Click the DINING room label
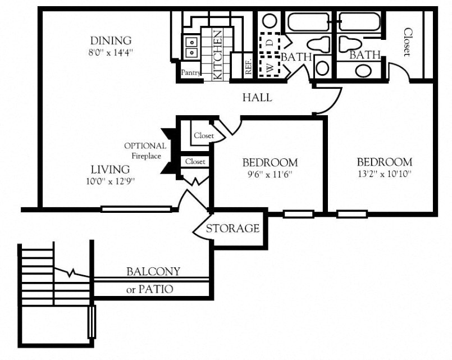click(110, 40)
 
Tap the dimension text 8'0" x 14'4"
click(110, 52)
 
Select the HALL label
click(257, 98)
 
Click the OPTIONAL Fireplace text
click(145, 151)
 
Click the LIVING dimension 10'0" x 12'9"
click(110, 181)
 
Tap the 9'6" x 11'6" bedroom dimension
click(270, 175)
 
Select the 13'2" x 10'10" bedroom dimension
click(384, 174)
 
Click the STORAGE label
click(232, 229)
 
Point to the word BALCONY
click(153, 272)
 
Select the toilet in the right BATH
click(350, 44)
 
